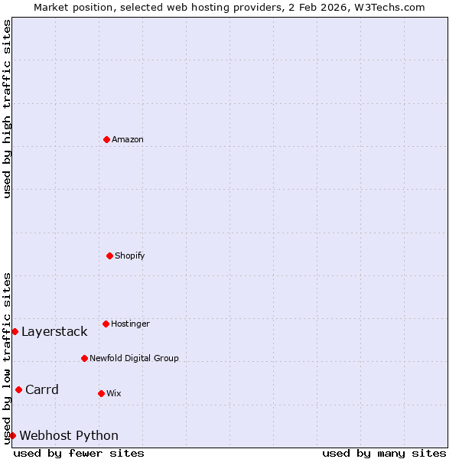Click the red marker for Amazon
106,139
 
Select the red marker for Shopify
109,256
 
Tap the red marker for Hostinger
106,324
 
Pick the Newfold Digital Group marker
84,358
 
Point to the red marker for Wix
101,393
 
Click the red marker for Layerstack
15,331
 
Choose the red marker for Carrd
18,389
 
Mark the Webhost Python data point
12,435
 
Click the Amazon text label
128,139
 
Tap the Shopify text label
130,256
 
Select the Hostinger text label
130,324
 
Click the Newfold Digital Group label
134,358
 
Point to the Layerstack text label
54,331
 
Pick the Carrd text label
42,389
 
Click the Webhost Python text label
69,435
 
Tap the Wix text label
114,393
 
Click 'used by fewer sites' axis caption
79,453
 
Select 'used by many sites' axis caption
384,453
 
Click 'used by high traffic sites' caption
7,109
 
